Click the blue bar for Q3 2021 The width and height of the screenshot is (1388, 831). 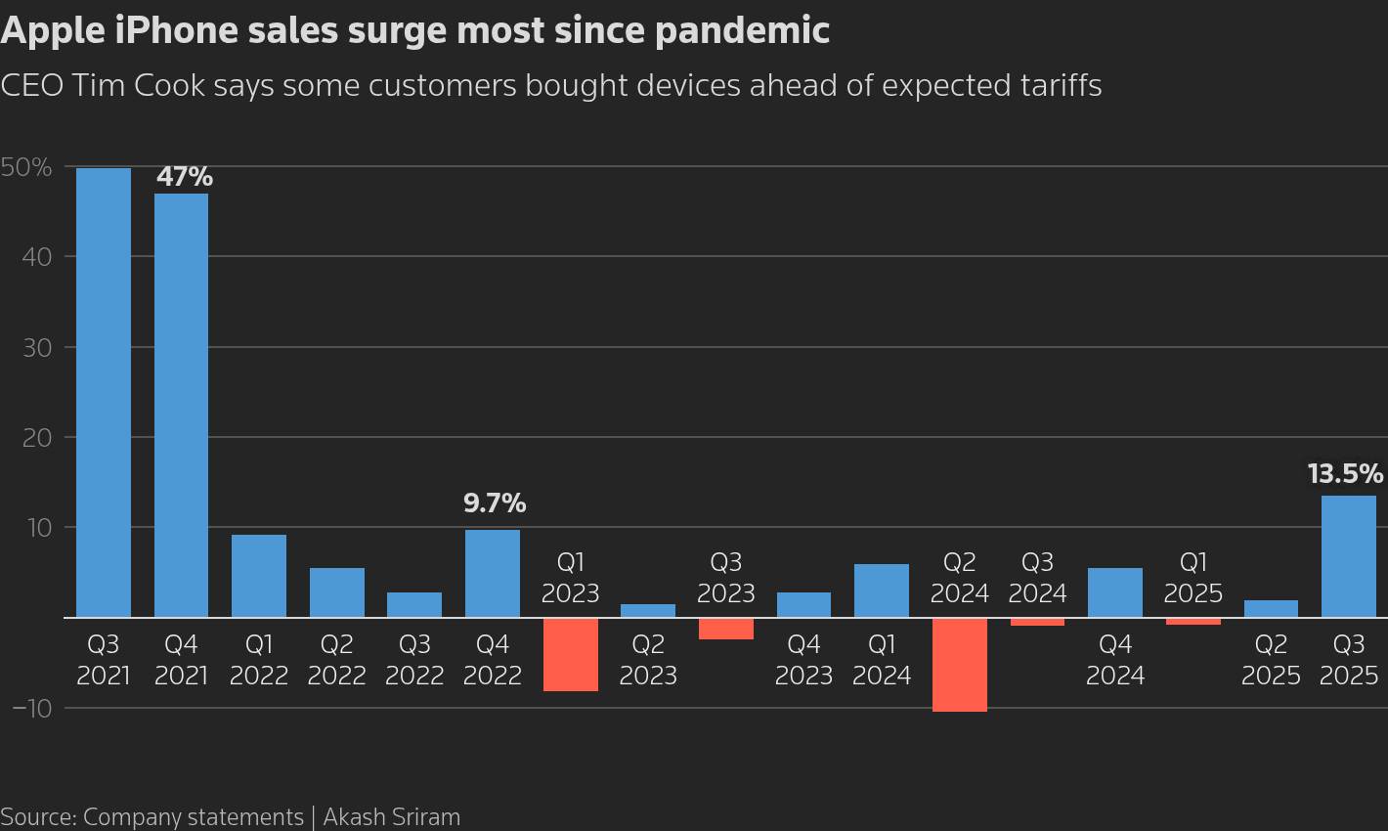click(104, 392)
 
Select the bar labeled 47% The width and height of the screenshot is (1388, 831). click(181, 405)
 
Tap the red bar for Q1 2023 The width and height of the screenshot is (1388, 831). click(570, 654)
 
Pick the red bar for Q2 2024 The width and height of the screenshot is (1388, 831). click(959, 665)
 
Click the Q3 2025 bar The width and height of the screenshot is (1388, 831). click(1348, 556)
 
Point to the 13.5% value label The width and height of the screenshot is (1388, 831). click(1345, 475)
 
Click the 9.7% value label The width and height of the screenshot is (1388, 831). click(494, 504)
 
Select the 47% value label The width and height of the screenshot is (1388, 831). click(185, 177)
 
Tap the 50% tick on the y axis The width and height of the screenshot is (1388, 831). click(26, 167)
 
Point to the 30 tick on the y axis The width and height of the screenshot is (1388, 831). click(36, 347)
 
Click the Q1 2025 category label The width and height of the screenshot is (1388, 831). click(1193, 578)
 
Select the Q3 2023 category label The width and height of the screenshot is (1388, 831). click(725, 578)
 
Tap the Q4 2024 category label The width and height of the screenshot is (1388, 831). click(1114, 660)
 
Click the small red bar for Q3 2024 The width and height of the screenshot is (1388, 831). click(1037, 622)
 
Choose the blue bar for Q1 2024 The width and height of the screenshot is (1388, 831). click(881, 590)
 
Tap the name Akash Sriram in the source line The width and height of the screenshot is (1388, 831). click(391, 817)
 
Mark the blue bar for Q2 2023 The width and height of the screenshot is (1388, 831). click(647, 611)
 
